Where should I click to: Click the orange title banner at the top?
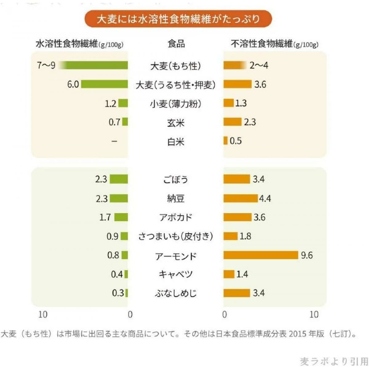(178, 19)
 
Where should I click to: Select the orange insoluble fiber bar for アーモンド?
(261, 255)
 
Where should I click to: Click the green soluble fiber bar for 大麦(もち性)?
(95, 65)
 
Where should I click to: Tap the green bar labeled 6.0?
(104, 84)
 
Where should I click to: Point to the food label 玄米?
(176, 123)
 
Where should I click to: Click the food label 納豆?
(176, 198)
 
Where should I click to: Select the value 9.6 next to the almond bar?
(307, 255)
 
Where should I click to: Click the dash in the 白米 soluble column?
(114, 141)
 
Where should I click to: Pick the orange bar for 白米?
(225, 141)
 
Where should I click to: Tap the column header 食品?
(176, 44)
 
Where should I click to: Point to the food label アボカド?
(176, 217)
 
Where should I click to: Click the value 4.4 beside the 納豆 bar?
(265, 198)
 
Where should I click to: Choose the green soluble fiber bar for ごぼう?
(119, 179)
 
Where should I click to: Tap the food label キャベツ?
(176, 274)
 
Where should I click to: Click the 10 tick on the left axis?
(43, 314)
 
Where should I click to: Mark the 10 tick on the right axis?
(314, 314)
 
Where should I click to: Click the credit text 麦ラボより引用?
(334, 361)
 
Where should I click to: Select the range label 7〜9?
(46, 65)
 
